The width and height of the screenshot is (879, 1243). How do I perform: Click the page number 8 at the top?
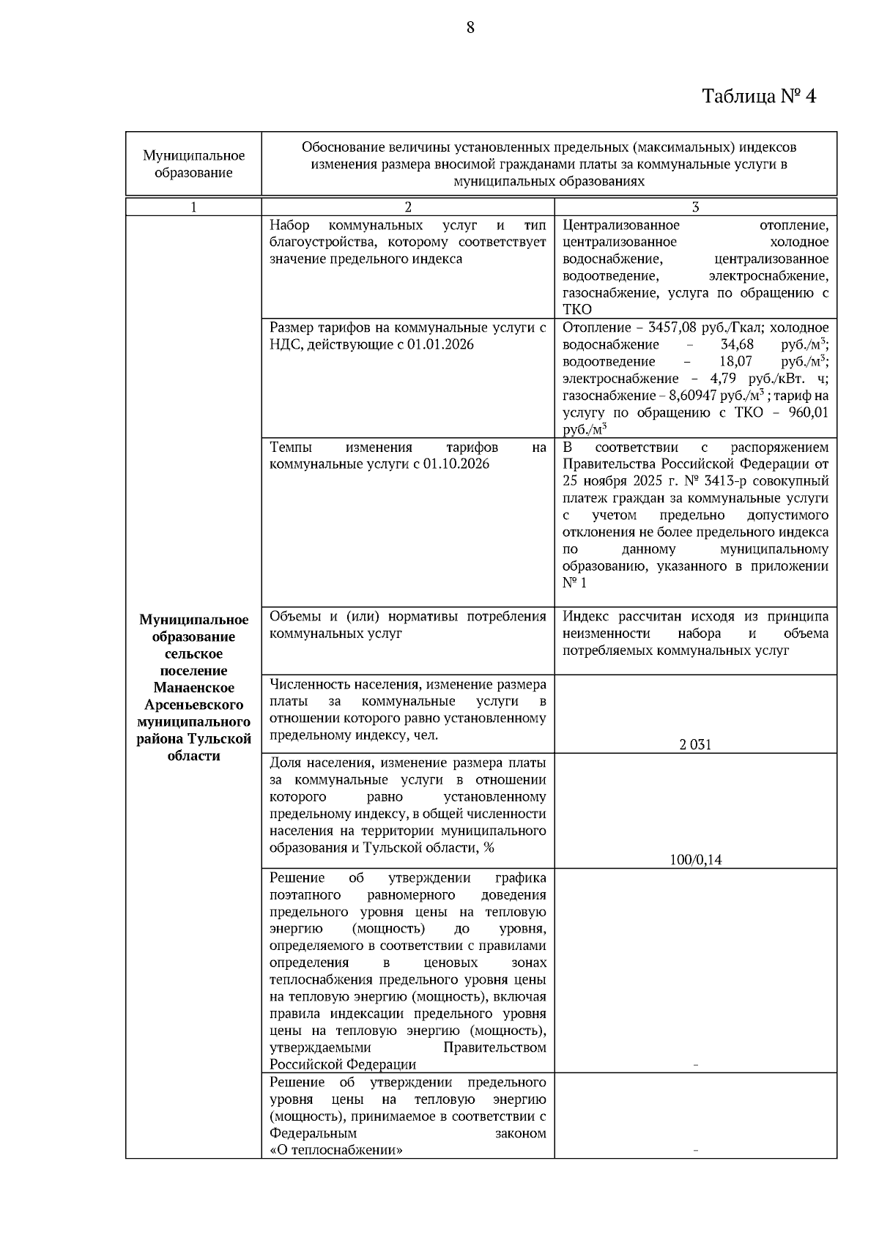[470, 28]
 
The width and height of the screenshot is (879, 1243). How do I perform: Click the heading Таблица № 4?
[759, 96]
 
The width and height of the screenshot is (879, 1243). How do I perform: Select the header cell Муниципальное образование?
[193, 164]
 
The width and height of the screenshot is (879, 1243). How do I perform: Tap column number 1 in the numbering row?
[193, 207]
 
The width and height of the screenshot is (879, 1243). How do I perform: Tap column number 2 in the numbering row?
[408, 207]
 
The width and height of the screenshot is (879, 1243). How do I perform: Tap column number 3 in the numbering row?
[695, 207]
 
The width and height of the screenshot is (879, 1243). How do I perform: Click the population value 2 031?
[695, 745]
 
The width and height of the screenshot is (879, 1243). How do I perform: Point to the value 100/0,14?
[695, 860]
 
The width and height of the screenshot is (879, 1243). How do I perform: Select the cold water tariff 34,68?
[737, 344]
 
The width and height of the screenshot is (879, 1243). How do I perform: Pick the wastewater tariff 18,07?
[737, 362]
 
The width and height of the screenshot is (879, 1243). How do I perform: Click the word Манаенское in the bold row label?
[193, 688]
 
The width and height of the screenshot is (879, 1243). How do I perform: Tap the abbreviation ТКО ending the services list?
[577, 310]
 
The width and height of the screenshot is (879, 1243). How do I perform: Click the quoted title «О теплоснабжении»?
[336, 1150]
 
